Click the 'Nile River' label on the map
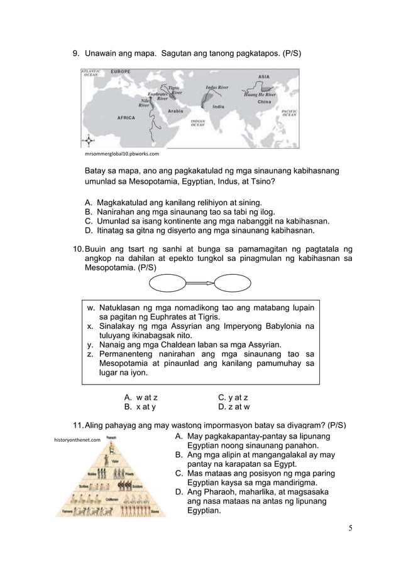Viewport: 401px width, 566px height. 144,103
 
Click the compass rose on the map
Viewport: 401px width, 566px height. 89,140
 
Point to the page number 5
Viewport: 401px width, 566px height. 350,527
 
